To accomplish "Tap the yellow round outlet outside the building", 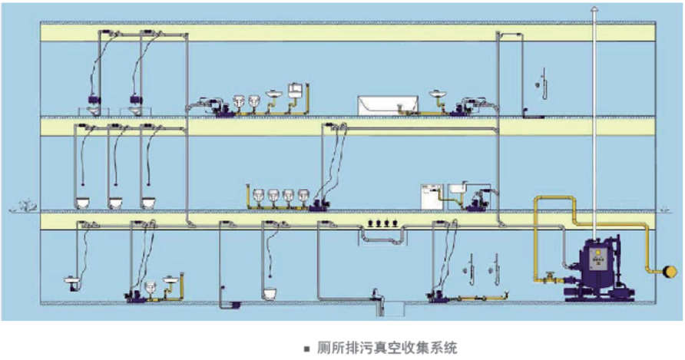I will pyautogui.click(x=670, y=269).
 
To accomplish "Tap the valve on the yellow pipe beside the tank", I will pyautogui.click(x=550, y=277).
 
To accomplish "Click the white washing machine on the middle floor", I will pyautogui.click(x=431, y=197).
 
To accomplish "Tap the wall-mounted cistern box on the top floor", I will pyautogui.click(x=293, y=89).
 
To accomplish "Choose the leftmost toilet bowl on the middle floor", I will pyautogui.click(x=84, y=203).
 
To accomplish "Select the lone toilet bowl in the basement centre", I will pyautogui.click(x=270, y=293).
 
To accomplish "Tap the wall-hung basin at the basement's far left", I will pyautogui.click(x=71, y=283).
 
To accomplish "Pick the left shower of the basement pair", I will pyautogui.click(x=468, y=268).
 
